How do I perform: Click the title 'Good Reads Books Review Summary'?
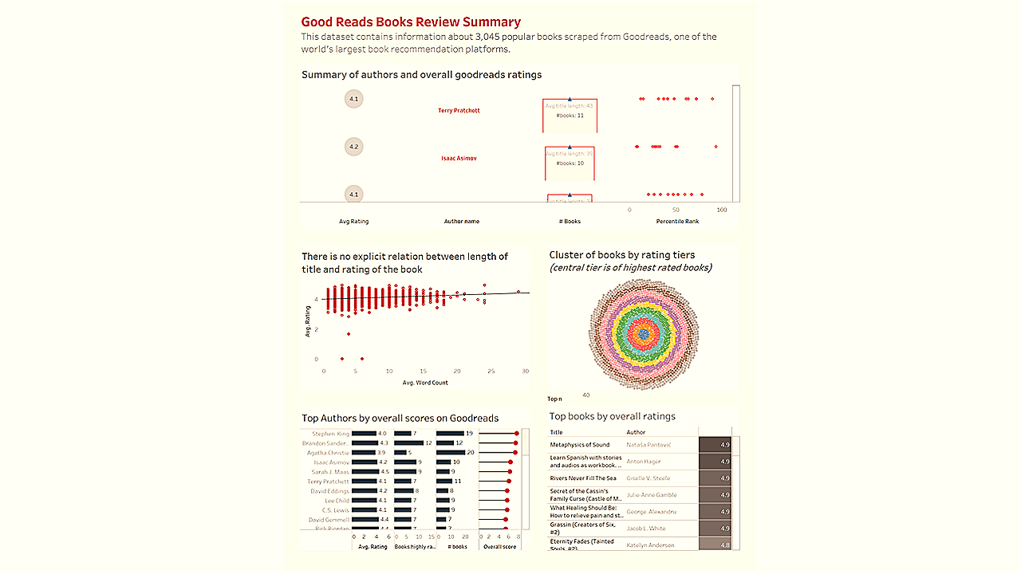pos(411,22)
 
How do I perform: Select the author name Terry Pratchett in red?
pos(459,111)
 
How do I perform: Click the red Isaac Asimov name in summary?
pos(459,159)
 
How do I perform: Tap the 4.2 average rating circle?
pos(354,147)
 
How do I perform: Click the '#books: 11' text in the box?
pos(570,116)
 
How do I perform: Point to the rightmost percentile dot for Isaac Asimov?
pos(715,147)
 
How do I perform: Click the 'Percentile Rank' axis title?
pos(677,221)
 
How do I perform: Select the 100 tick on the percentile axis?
pos(721,210)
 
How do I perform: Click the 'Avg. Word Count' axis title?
pos(425,383)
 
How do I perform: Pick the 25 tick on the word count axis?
pos(491,372)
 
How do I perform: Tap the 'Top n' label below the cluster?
pos(554,399)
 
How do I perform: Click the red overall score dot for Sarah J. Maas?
pos(510,472)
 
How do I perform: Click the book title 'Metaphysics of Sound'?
pos(580,445)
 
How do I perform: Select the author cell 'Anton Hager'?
pos(644,462)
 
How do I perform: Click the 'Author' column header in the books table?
pos(636,432)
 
